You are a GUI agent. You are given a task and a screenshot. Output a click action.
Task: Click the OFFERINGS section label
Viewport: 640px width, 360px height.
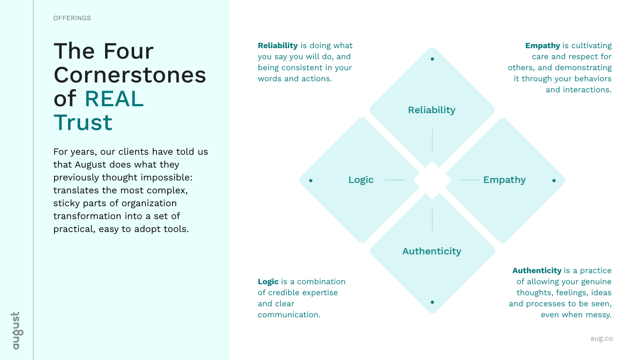pyautogui.click(x=72, y=18)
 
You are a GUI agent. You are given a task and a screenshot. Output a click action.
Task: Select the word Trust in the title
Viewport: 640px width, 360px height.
pyautogui.click(x=83, y=123)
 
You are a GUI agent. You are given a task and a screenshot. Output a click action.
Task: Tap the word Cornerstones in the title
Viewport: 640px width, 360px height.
pyautogui.click(x=130, y=75)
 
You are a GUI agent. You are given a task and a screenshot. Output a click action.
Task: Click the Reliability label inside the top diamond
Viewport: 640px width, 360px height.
pyautogui.click(x=431, y=110)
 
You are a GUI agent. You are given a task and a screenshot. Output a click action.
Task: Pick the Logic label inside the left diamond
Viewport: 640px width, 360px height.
pyautogui.click(x=361, y=180)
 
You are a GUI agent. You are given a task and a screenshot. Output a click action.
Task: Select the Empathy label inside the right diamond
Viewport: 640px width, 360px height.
pyautogui.click(x=504, y=180)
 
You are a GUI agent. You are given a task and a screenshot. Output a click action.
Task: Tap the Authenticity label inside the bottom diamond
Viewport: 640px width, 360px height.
pyautogui.click(x=432, y=251)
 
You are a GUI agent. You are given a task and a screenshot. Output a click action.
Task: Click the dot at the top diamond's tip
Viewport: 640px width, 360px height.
pyautogui.click(x=432, y=59)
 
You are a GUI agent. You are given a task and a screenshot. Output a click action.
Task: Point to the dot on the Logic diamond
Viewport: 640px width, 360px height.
pyautogui.click(x=311, y=180)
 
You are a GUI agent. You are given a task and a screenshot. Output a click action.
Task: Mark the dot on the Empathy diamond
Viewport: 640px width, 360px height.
pyautogui.click(x=554, y=180)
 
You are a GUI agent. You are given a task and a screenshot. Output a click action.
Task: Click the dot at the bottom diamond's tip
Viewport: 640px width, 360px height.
pyautogui.click(x=432, y=302)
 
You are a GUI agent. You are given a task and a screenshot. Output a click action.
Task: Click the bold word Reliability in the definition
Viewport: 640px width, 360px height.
pyautogui.click(x=278, y=46)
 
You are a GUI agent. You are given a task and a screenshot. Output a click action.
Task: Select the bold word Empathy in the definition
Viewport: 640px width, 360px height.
pyautogui.click(x=542, y=46)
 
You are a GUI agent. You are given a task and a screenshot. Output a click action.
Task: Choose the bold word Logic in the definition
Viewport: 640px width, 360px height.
pyautogui.click(x=268, y=282)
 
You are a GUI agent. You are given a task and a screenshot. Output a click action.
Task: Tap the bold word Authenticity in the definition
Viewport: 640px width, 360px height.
pyautogui.click(x=537, y=270)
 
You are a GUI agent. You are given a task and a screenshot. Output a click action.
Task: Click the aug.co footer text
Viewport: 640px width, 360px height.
pyautogui.click(x=601, y=338)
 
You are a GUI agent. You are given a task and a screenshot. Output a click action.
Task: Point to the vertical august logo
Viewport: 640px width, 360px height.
pyautogui.click(x=17, y=330)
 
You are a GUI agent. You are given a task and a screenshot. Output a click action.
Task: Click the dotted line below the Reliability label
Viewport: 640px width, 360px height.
pyautogui.click(x=432, y=141)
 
